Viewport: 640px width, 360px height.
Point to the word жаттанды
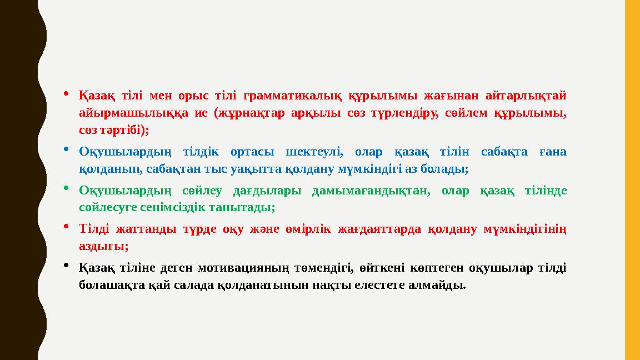point(143,229)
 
